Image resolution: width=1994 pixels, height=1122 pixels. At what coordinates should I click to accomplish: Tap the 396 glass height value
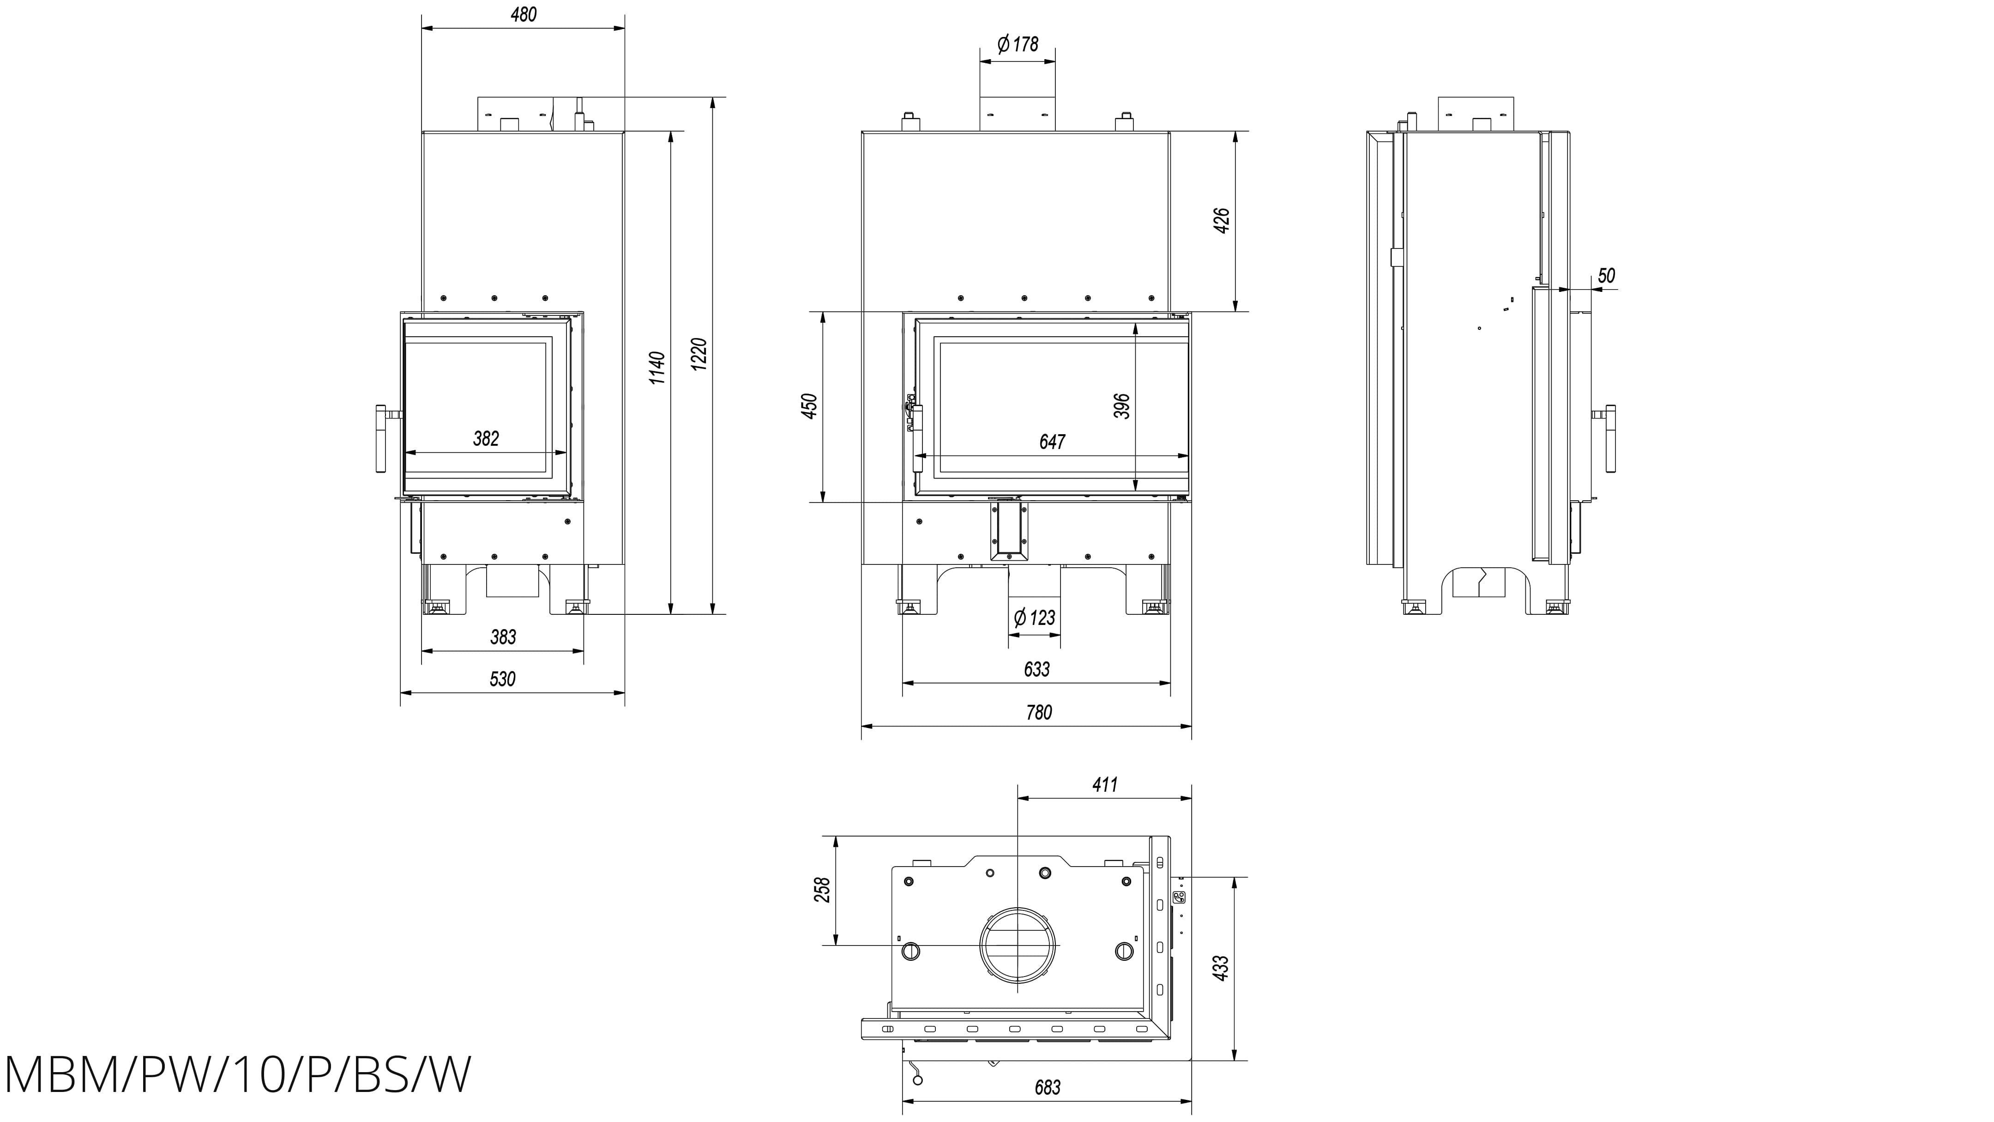click(1121, 406)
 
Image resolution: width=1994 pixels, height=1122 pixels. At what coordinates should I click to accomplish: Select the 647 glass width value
click(1052, 442)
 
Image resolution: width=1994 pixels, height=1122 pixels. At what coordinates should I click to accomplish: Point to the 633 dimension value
click(1036, 669)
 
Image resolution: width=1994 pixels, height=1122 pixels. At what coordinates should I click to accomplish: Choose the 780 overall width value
click(1039, 712)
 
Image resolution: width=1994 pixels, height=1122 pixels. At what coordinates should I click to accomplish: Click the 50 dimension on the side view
click(1606, 276)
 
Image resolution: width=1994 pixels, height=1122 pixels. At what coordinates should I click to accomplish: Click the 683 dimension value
click(1047, 1087)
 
